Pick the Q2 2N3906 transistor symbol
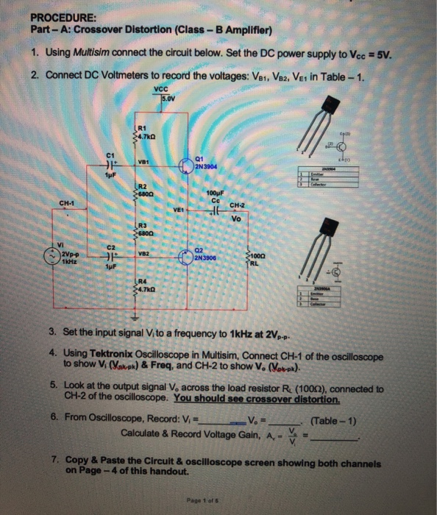[x=188, y=259]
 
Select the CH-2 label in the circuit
[x=237, y=205]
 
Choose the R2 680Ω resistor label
[x=145, y=188]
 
